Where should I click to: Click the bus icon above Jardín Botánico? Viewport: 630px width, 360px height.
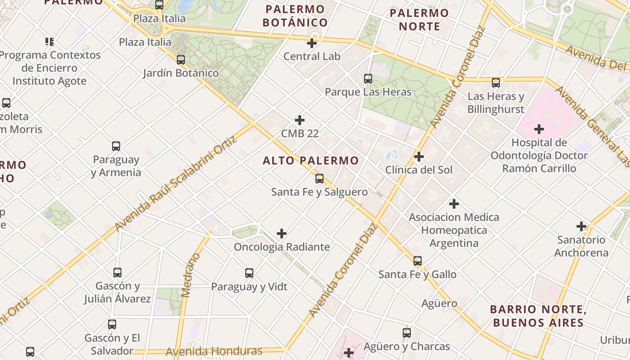tap(181, 59)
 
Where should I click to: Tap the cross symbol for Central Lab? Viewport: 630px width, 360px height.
tap(312, 43)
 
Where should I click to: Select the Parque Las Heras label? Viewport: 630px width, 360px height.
tap(368, 92)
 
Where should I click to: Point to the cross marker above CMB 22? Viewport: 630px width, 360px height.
tap(300, 120)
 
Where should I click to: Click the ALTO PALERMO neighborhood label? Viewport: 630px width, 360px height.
tap(311, 161)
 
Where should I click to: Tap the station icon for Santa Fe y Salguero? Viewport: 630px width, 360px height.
tap(319, 179)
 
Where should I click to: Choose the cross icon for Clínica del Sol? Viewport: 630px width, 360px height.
tap(419, 157)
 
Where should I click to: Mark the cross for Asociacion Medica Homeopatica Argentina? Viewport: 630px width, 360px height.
tap(454, 204)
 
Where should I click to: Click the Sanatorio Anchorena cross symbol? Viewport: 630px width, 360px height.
tap(581, 226)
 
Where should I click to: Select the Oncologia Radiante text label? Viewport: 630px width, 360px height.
tap(282, 247)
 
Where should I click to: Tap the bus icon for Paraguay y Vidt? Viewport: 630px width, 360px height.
tap(249, 273)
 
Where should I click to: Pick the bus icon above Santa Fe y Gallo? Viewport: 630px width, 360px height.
tap(418, 261)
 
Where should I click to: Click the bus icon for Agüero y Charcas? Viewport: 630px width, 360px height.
tap(407, 333)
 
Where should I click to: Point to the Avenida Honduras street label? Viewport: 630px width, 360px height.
tap(214, 351)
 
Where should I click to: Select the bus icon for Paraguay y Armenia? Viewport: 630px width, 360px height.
tap(116, 146)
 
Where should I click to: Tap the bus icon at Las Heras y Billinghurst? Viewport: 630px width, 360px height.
tap(496, 83)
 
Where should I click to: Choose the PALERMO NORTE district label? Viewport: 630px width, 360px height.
tap(419, 19)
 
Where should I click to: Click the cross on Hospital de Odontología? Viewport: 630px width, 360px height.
tap(539, 130)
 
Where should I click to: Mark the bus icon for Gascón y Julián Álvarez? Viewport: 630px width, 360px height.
tap(117, 273)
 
